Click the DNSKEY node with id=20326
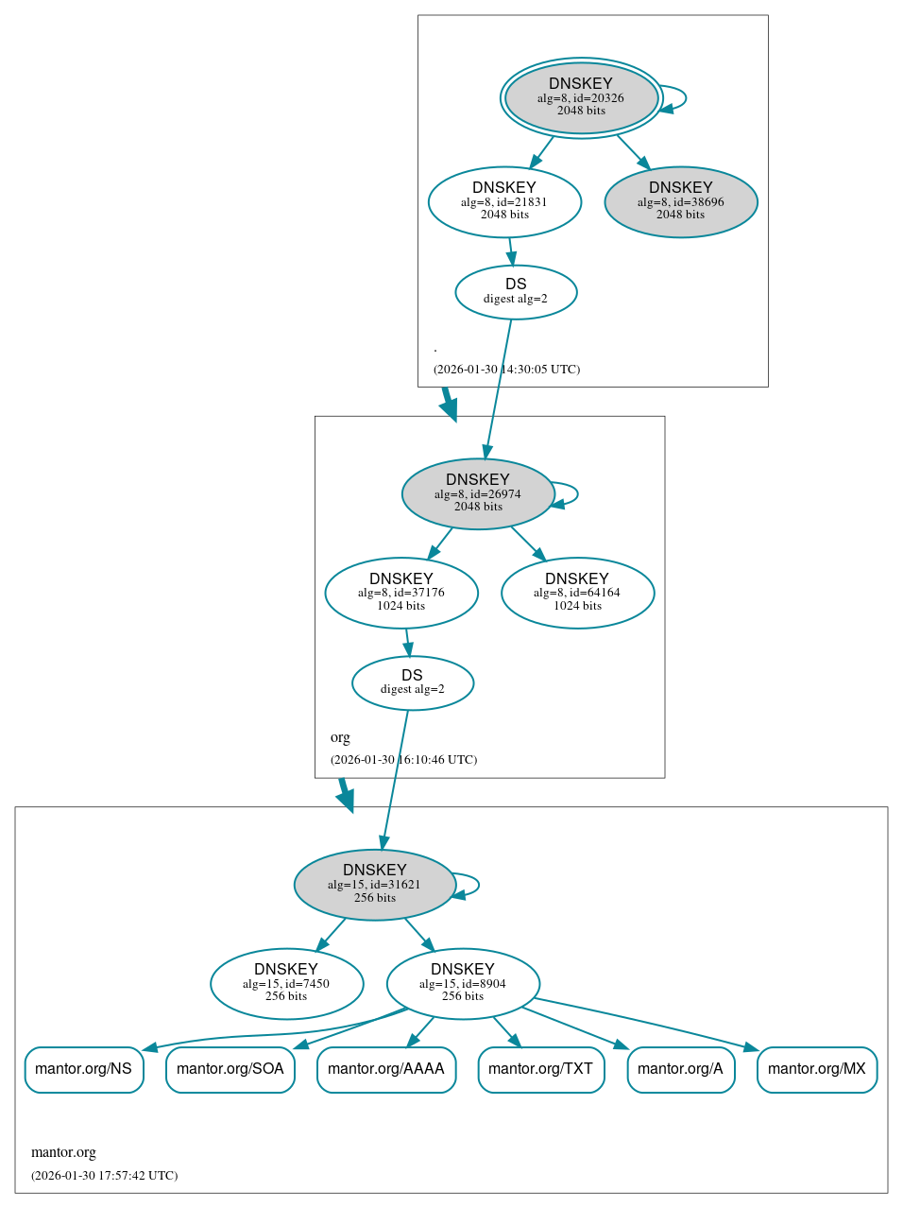point(581,97)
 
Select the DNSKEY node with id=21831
point(504,201)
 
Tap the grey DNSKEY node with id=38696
point(681,201)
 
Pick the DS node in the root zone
point(516,291)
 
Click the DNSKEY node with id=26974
point(478,493)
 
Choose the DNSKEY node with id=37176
point(401,593)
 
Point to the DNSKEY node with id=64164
point(577,593)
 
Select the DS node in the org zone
point(413,682)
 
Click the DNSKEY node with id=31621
point(375,884)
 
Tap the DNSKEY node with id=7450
point(286,983)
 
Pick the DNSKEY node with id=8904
point(463,983)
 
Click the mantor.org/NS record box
point(84,1069)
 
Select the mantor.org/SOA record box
point(230,1069)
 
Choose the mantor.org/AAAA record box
point(386,1069)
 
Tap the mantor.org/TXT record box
point(541,1069)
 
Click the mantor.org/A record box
point(681,1069)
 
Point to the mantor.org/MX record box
point(817,1069)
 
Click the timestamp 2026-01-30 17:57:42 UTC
point(105,1175)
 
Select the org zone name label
point(340,737)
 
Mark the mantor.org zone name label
point(64,1152)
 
